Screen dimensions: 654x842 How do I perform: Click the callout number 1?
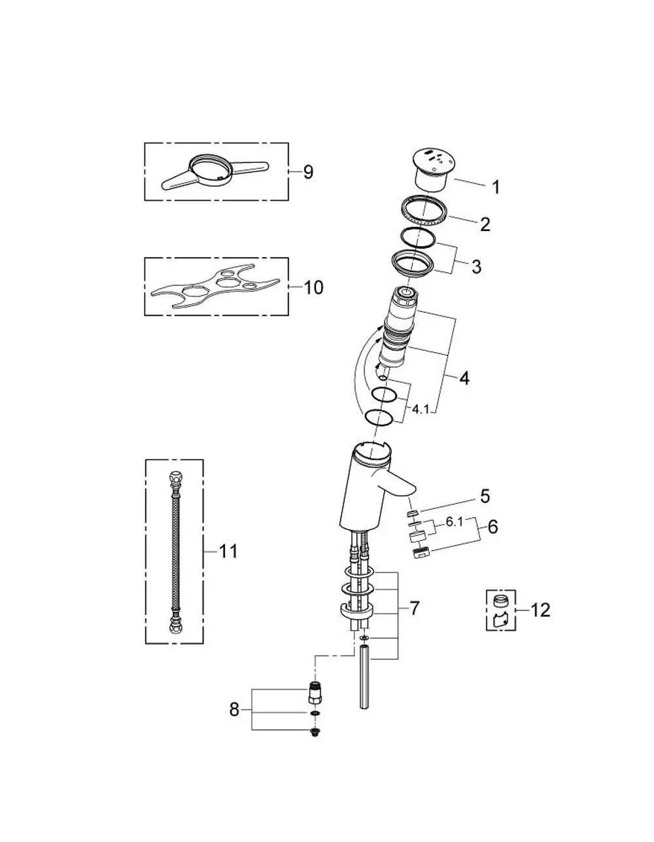[x=496, y=187]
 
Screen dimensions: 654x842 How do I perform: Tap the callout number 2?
[x=485, y=224]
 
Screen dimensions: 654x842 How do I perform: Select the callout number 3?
[x=476, y=266]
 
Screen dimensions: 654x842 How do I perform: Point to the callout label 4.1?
[x=421, y=409]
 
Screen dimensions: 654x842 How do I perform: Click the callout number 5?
[x=485, y=497]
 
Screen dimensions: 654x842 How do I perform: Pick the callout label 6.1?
[x=454, y=522]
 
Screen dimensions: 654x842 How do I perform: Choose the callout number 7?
[x=415, y=608]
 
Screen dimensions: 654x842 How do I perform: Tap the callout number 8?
[x=234, y=710]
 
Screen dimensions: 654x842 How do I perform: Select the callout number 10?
[x=313, y=287]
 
